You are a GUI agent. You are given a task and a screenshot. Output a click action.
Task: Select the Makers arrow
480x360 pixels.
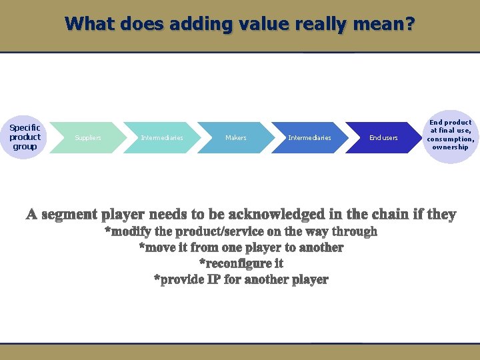point(235,138)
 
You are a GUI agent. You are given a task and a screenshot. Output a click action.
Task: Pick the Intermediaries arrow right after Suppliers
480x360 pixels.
point(162,138)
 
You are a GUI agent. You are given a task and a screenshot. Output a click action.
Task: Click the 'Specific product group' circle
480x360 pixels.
point(25,137)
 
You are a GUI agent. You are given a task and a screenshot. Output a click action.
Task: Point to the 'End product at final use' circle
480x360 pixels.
point(451,135)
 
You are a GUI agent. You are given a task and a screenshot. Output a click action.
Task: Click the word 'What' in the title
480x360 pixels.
point(90,25)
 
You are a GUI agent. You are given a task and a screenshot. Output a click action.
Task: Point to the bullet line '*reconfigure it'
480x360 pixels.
point(241,263)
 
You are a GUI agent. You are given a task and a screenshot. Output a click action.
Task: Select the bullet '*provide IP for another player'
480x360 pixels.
point(241,279)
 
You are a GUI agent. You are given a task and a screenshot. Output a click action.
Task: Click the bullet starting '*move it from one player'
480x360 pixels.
point(241,247)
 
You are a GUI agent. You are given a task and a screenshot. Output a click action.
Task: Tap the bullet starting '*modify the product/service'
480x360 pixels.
point(241,231)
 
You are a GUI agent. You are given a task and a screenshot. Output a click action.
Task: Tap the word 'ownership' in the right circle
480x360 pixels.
point(451,147)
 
